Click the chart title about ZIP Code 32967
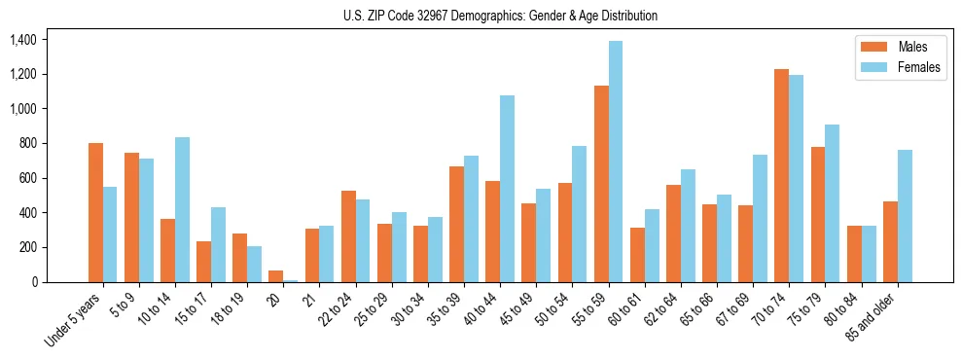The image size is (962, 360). tap(500, 16)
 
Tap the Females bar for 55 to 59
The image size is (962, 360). tap(616, 162)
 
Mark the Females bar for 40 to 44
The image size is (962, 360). tap(507, 189)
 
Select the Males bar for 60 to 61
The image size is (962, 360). tap(637, 255)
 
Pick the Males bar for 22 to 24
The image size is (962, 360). tap(348, 236)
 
